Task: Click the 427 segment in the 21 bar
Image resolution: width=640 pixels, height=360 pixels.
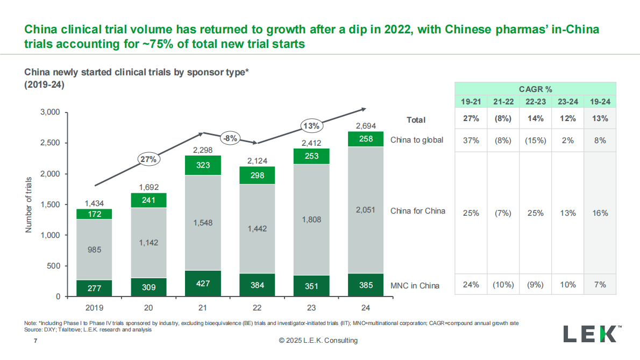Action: click(x=203, y=284)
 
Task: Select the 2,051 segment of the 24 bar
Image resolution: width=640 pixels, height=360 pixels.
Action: click(x=366, y=210)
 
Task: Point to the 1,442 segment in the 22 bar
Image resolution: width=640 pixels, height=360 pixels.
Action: click(x=258, y=229)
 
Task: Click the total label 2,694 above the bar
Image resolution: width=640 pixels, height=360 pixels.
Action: click(x=366, y=126)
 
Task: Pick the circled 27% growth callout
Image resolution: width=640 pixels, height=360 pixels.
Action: click(x=148, y=159)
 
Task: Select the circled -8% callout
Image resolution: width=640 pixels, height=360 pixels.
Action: click(x=230, y=137)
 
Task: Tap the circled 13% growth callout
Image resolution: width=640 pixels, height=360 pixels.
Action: click(x=311, y=126)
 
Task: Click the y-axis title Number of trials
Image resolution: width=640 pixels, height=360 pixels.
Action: click(x=29, y=204)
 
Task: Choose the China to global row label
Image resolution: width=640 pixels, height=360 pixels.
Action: click(x=417, y=140)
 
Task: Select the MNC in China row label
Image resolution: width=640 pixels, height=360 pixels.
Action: click(x=415, y=285)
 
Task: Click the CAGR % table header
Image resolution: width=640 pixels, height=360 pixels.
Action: click(x=535, y=89)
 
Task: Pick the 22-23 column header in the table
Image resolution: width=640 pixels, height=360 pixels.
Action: click(x=535, y=102)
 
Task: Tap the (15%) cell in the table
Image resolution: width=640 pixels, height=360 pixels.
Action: click(x=535, y=140)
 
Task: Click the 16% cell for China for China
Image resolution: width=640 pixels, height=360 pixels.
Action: click(x=600, y=213)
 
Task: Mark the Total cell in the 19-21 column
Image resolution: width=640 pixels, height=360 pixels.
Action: click(x=471, y=119)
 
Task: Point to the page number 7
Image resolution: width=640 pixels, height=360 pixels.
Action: click(x=35, y=341)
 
